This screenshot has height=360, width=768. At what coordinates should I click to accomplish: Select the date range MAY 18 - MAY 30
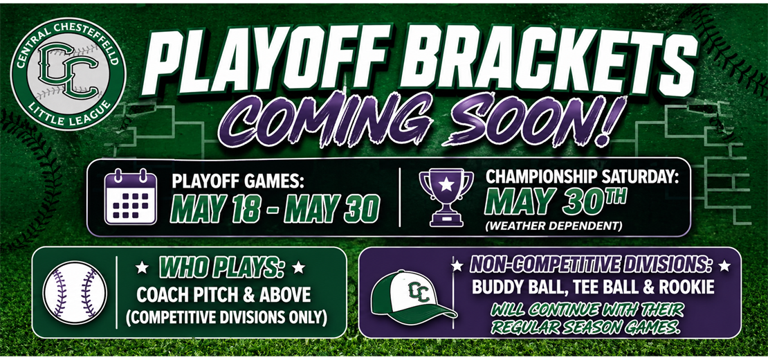coord(275,210)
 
